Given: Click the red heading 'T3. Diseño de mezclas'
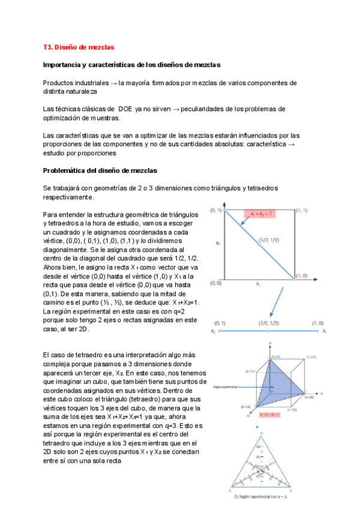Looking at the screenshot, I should tap(78, 47).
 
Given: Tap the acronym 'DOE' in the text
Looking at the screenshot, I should tap(135, 109).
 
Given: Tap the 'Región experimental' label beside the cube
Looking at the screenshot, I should tap(225, 387).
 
